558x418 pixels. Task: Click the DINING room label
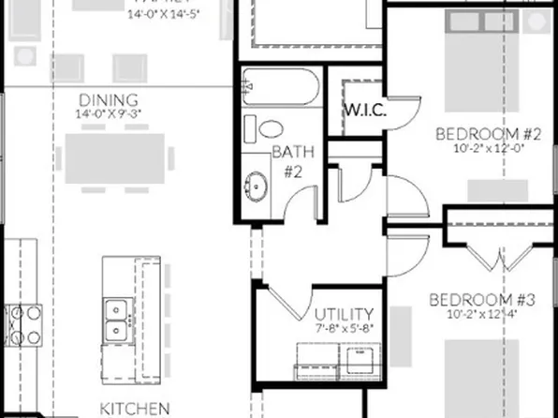point(108,100)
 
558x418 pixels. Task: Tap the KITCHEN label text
point(129,409)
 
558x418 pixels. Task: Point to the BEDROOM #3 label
point(481,301)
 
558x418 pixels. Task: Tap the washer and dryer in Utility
point(336,361)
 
